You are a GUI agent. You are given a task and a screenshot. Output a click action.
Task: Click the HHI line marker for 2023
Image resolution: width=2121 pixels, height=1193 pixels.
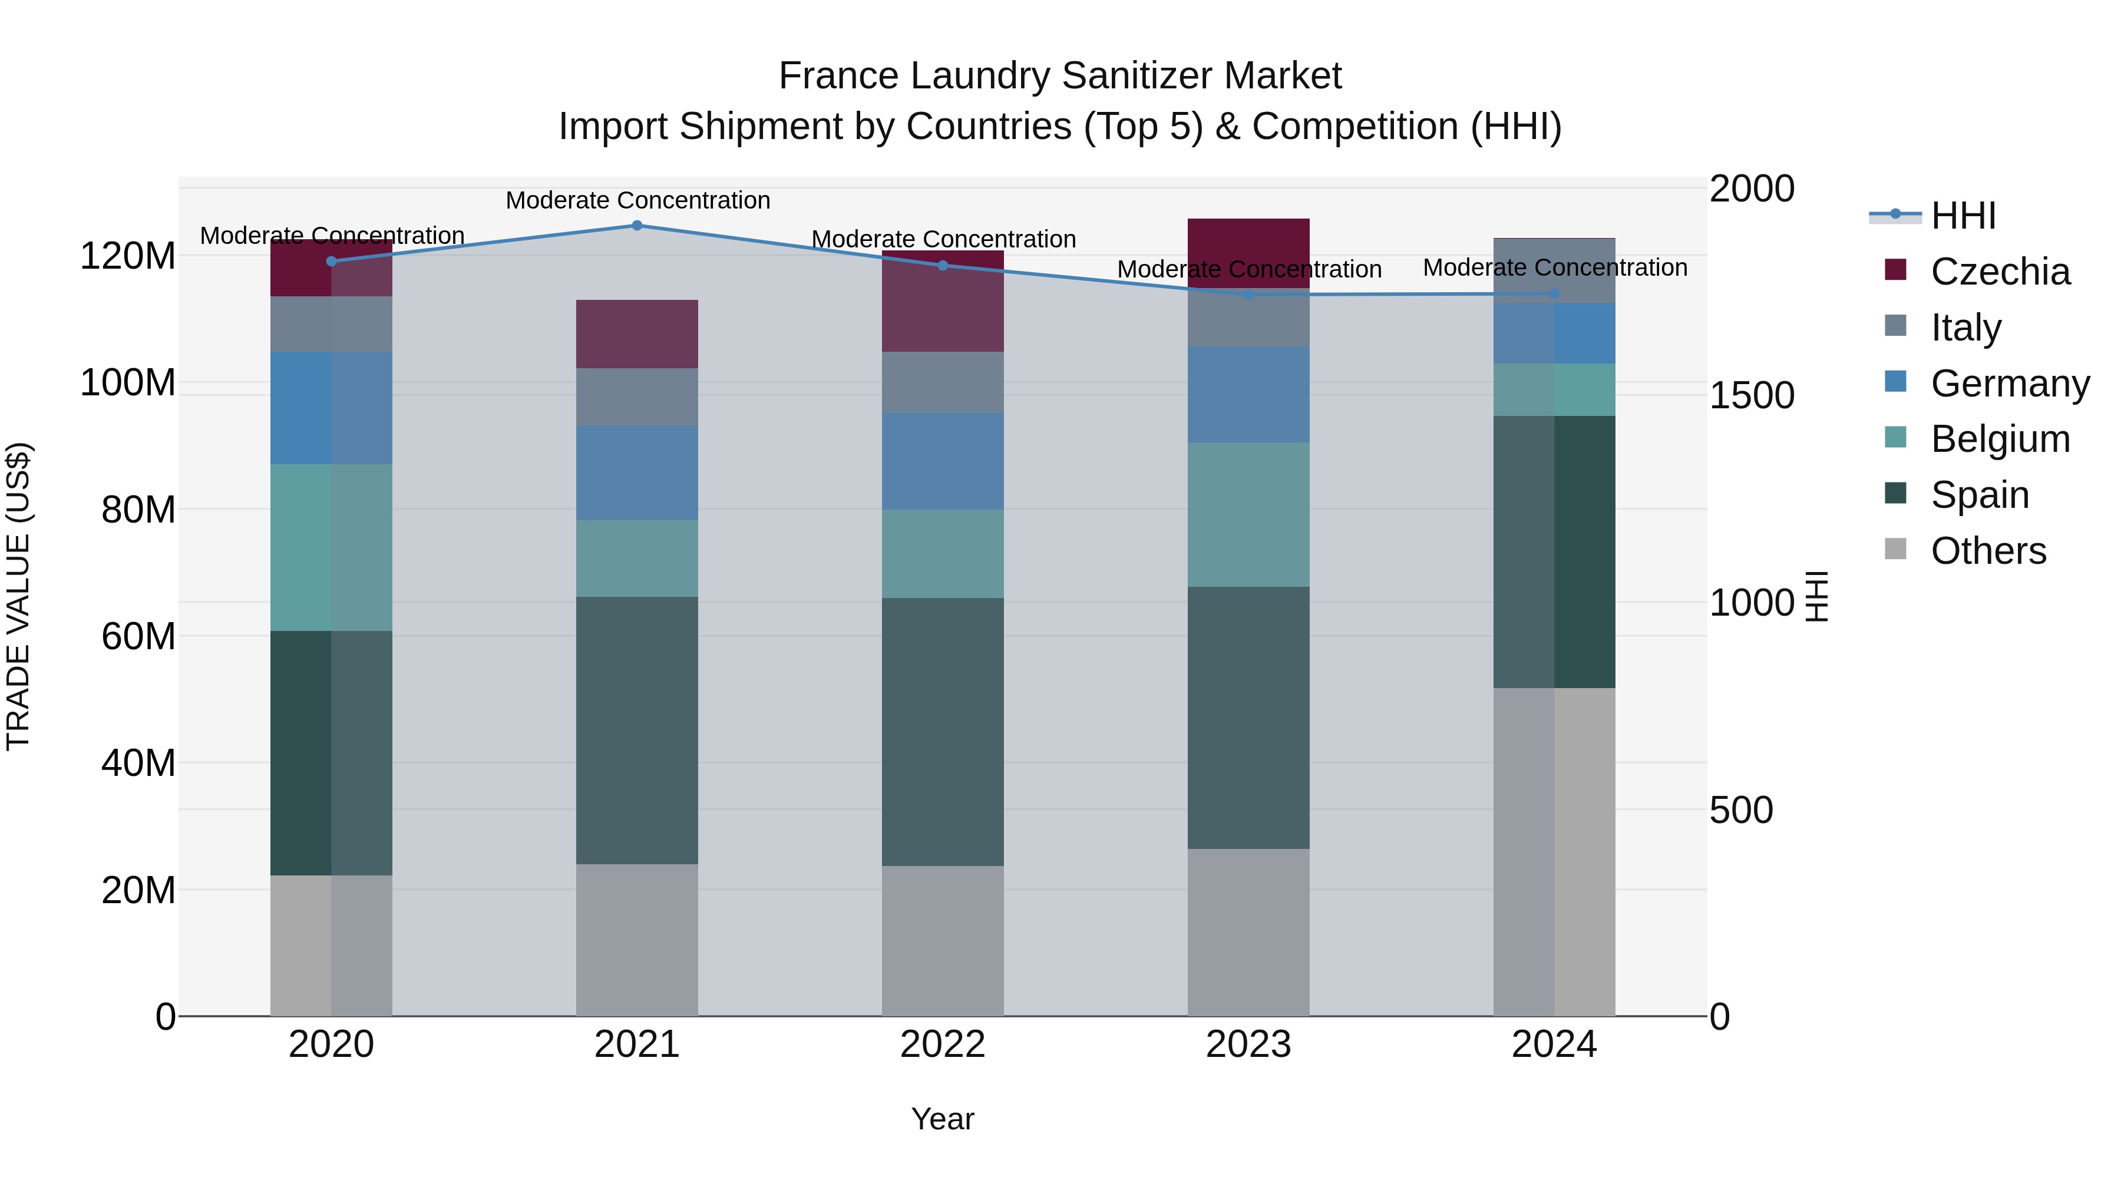[x=1248, y=294]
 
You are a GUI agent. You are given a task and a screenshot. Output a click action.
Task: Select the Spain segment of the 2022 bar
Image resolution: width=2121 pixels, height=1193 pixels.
[x=943, y=731]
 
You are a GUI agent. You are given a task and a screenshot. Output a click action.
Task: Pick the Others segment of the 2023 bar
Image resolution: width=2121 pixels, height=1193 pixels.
[x=1248, y=932]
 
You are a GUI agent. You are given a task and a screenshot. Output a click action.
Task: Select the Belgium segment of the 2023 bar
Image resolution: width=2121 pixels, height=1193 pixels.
[x=1248, y=514]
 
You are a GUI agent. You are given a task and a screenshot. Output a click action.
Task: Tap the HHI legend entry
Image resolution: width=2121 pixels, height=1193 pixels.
[x=1963, y=216]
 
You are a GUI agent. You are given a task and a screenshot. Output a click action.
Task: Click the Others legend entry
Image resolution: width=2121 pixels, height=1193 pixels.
[x=1988, y=551]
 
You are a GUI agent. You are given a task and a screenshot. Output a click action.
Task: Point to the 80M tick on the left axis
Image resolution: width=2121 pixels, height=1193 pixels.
[x=138, y=510]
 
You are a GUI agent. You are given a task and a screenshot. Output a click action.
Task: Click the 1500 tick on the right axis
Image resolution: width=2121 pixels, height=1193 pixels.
[x=1752, y=395]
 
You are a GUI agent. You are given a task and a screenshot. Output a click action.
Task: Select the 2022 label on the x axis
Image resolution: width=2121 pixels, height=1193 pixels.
[x=943, y=1045]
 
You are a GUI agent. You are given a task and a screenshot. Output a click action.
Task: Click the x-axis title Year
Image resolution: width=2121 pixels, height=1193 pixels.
[x=943, y=1119]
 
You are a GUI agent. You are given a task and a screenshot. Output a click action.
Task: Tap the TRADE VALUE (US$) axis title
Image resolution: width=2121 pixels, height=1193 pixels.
[x=18, y=596]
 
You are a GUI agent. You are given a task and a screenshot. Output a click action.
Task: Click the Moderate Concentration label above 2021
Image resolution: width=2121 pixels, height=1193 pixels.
[x=637, y=200]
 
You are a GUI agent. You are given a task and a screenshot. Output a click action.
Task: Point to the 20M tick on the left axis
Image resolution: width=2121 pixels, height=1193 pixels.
[x=138, y=890]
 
